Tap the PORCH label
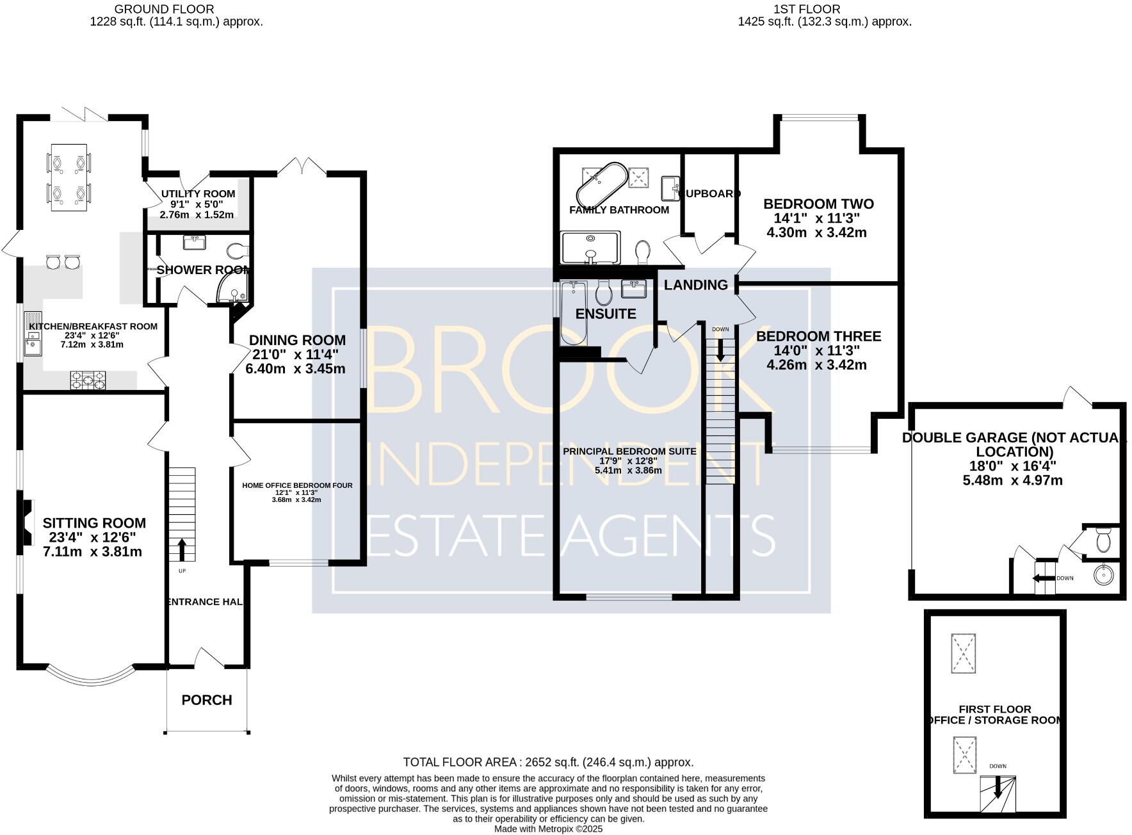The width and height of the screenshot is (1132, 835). pyautogui.click(x=206, y=700)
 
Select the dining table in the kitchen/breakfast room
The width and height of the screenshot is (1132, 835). pyautogui.click(x=69, y=177)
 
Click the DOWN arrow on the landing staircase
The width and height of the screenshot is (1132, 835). pyautogui.click(x=720, y=350)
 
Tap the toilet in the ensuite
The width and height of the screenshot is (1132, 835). pyautogui.click(x=603, y=293)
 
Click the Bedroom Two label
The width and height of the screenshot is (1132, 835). pyautogui.click(x=818, y=204)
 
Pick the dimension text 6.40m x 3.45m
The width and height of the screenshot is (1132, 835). pyautogui.click(x=295, y=369)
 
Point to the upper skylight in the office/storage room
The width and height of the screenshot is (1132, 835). pyautogui.click(x=964, y=653)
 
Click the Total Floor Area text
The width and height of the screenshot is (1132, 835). pyautogui.click(x=548, y=762)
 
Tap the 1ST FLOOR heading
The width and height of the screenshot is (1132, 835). pyautogui.click(x=807, y=9)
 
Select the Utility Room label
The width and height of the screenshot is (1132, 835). pyautogui.click(x=198, y=193)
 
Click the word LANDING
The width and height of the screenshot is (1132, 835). pyautogui.click(x=695, y=285)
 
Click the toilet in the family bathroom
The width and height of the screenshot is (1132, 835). pyautogui.click(x=643, y=251)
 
